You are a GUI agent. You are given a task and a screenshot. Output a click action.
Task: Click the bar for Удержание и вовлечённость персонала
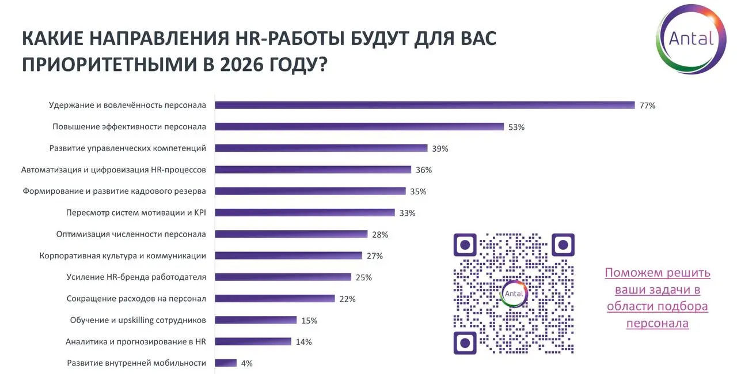point(424,105)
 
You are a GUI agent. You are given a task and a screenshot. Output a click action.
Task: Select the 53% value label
point(516,127)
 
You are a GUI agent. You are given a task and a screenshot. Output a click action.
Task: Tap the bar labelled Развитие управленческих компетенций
point(321,148)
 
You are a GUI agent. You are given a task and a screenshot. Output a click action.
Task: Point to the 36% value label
point(424,170)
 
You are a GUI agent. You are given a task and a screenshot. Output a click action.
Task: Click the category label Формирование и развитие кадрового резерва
point(115,191)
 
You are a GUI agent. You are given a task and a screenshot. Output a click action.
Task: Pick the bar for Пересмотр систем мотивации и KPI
point(305,212)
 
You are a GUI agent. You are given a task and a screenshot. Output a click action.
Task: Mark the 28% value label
point(380,234)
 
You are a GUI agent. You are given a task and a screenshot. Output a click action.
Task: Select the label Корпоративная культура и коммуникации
point(122,256)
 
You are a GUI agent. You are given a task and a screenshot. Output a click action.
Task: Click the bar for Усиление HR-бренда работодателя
point(283,277)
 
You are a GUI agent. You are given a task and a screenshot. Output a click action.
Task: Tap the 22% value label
point(347,299)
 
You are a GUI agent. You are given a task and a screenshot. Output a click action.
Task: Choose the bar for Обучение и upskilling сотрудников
point(256,320)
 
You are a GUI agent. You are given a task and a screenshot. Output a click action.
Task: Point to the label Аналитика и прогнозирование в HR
point(136,341)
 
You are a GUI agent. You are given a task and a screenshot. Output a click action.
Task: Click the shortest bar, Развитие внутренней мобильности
point(226,363)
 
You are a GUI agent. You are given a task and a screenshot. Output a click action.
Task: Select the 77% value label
point(648,106)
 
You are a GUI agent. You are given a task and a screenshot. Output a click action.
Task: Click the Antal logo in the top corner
point(691,39)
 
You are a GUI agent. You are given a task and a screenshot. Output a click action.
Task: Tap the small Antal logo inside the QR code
point(514,294)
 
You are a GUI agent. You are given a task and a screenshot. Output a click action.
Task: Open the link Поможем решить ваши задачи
point(658,298)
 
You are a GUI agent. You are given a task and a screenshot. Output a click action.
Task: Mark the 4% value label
point(247,363)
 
